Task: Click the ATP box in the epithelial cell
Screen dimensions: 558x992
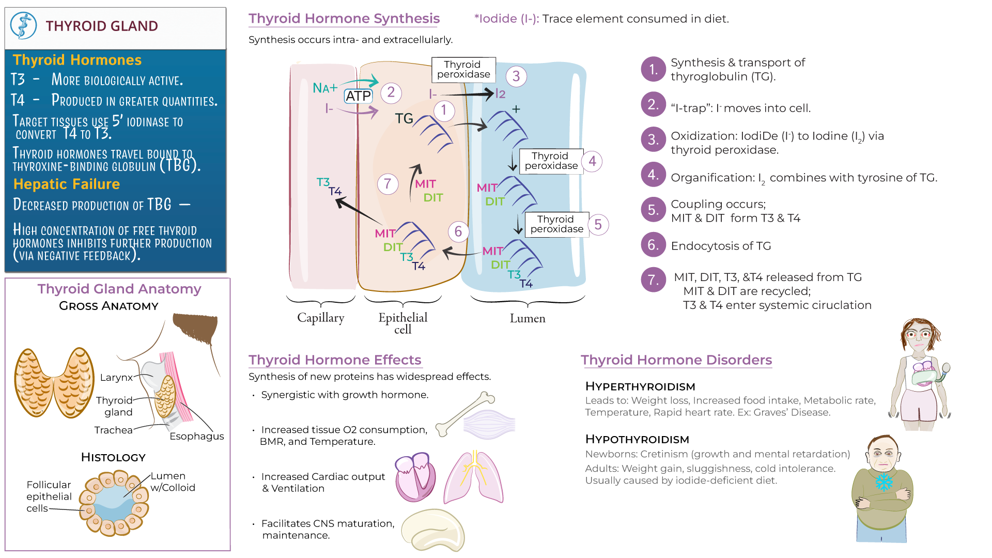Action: click(x=358, y=96)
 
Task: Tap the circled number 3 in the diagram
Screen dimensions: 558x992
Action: click(x=516, y=76)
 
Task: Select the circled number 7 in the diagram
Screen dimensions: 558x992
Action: click(x=388, y=184)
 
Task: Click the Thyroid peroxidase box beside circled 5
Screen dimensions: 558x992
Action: click(x=556, y=224)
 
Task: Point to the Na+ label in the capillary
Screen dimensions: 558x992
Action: click(x=324, y=88)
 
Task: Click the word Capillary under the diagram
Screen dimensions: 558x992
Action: click(x=320, y=318)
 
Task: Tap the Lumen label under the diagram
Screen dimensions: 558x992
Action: click(x=527, y=318)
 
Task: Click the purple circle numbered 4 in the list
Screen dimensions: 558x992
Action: click(x=653, y=175)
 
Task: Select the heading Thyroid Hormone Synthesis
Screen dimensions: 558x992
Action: click(x=344, y=19)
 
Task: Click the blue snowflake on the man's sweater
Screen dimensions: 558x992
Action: click(x=884, y=482)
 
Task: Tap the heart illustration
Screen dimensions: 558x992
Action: click(x=414, y=477)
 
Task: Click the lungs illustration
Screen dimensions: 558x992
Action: click(x=474, y=478)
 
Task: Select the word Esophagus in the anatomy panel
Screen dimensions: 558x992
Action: click(x=196, y=436)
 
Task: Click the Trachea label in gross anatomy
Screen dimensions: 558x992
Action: click(x=113, y=430)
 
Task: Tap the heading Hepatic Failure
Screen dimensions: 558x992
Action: click(x=66, y=184)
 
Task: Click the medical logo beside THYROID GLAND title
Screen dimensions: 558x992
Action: click(x=24, y=26)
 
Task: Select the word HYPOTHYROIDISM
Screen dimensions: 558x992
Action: click(x=637, y=439)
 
